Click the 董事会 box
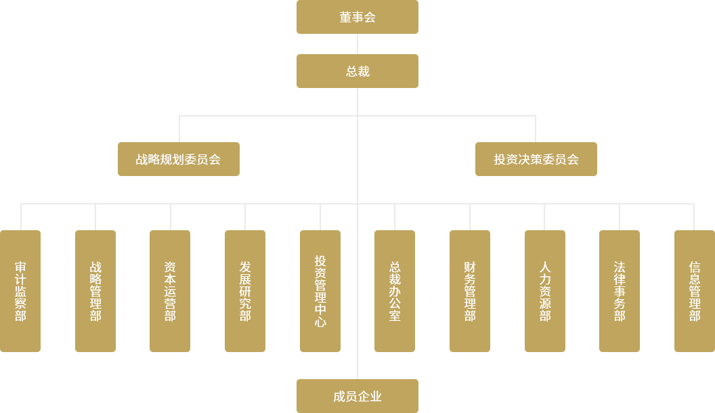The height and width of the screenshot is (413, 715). tap(357, 17)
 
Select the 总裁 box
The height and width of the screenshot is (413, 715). tap(357, 70)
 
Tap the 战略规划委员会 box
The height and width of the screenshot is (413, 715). tap(178, 159)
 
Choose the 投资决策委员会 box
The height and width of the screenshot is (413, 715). tap(536, 159)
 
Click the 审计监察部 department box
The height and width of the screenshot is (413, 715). tap(20, 291)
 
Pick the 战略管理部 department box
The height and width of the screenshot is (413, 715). tap(95, 291)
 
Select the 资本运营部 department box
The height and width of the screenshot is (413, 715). tap(169, 291)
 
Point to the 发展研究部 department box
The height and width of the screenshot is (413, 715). tap(244, 291)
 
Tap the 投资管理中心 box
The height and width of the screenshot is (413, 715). tap(320, 291)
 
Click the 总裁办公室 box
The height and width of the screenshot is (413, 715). tap(394, 291)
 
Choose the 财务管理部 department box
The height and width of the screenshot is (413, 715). tap(469, 291)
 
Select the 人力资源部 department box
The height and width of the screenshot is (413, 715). tap(544, 291)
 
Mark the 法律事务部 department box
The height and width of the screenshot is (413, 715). tap(619, 291)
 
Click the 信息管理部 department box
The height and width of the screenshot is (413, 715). tap(694, 291)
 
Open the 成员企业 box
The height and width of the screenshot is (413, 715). tap(357, 396)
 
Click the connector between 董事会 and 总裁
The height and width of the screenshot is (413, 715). tap(357, 43)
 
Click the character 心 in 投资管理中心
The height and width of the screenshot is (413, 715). tap(320, 322)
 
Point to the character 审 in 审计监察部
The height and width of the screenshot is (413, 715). tap(20, 267)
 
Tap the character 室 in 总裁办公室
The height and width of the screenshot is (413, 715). tap(394, 316)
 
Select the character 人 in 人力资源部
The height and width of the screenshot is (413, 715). tap(544, 267)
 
